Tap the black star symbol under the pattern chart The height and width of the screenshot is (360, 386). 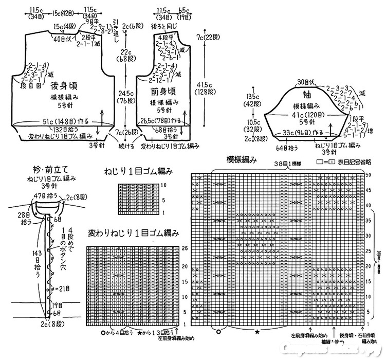click(256, 332)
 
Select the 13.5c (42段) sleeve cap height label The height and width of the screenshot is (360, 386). click(252, 99)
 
